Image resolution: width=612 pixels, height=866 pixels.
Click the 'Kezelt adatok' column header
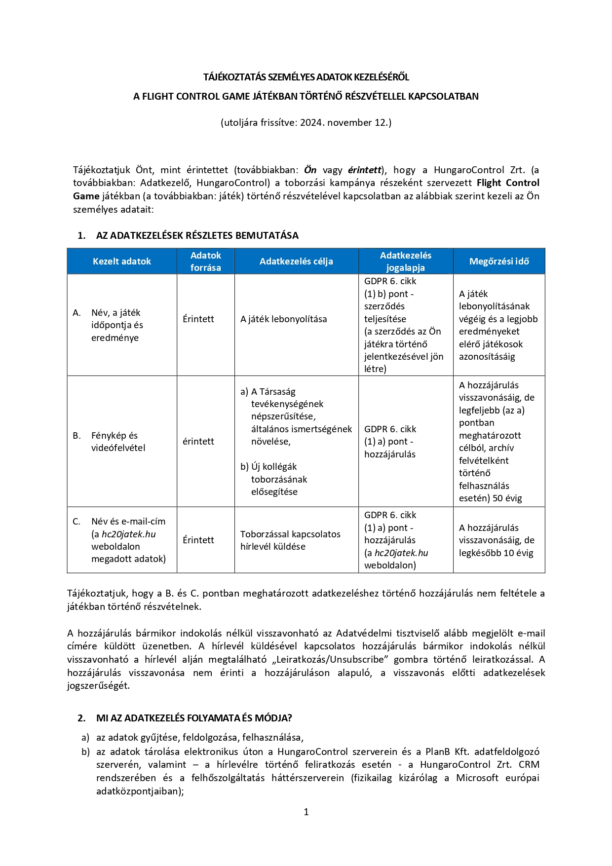click(x=122, y=262)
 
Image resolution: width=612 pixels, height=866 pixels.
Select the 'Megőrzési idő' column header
click(x=499, y=262)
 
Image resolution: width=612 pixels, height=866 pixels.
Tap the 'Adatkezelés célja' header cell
click(x=296, y=262)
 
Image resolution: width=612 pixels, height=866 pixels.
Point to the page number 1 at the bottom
click(x=306, y=812)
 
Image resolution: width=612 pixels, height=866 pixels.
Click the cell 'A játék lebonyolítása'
click(x=283, y=319)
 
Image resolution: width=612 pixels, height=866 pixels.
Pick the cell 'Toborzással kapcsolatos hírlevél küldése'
click(x=290, y=540)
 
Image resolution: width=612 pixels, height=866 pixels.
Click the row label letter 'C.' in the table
click(x=76, y=522)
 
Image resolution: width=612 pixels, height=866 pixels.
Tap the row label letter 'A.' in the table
click(x=76, y=313)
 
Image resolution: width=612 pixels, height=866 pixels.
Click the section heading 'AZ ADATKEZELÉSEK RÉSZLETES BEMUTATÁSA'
click(x=197, y=235)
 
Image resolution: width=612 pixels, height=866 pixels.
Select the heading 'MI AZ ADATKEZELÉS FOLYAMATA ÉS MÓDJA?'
click(x=194, y=718)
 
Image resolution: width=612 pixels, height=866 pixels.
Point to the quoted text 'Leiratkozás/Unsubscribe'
click(x=330, y=660)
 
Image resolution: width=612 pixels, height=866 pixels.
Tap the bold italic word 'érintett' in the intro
click(x=364, y=170)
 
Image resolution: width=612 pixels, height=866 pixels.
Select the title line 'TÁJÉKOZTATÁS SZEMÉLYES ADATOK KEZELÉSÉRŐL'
click(x=306, y=77)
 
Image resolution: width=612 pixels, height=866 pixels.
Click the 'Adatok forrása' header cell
click(x=206, y=262)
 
